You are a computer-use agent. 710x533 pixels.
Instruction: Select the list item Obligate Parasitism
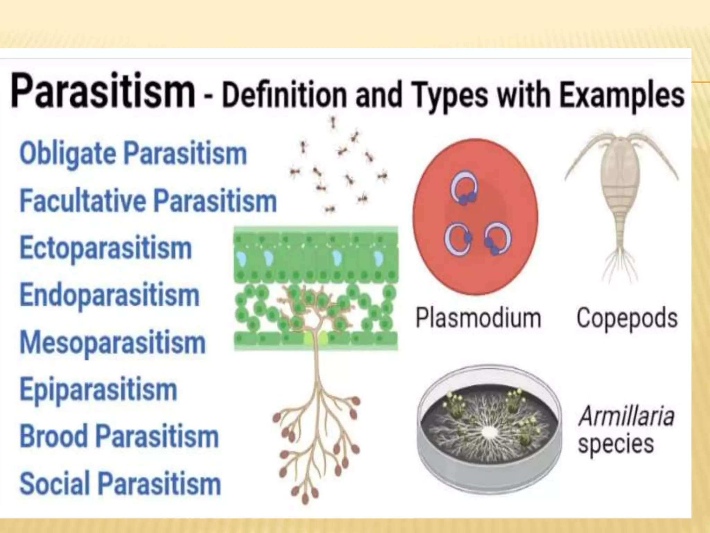(133, 153)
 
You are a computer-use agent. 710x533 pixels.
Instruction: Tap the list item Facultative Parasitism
(148, 201)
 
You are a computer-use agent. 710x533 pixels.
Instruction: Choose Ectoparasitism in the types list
(106, 248)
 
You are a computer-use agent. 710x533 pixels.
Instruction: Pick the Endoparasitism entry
(110, 295)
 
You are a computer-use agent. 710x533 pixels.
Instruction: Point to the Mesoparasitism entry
(113, 342)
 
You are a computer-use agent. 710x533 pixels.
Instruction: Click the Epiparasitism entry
(98, 390)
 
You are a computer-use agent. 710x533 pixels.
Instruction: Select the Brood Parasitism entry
(119, 437)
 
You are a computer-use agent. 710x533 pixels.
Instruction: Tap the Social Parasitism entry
(120, 484)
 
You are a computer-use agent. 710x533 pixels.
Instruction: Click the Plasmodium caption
(478, 318)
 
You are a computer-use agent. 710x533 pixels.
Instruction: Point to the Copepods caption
(627, 318)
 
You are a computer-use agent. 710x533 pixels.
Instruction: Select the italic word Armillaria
(626, 416)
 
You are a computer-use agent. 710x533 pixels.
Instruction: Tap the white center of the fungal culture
(489, 432)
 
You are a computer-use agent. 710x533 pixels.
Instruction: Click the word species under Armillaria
(616, 444)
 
